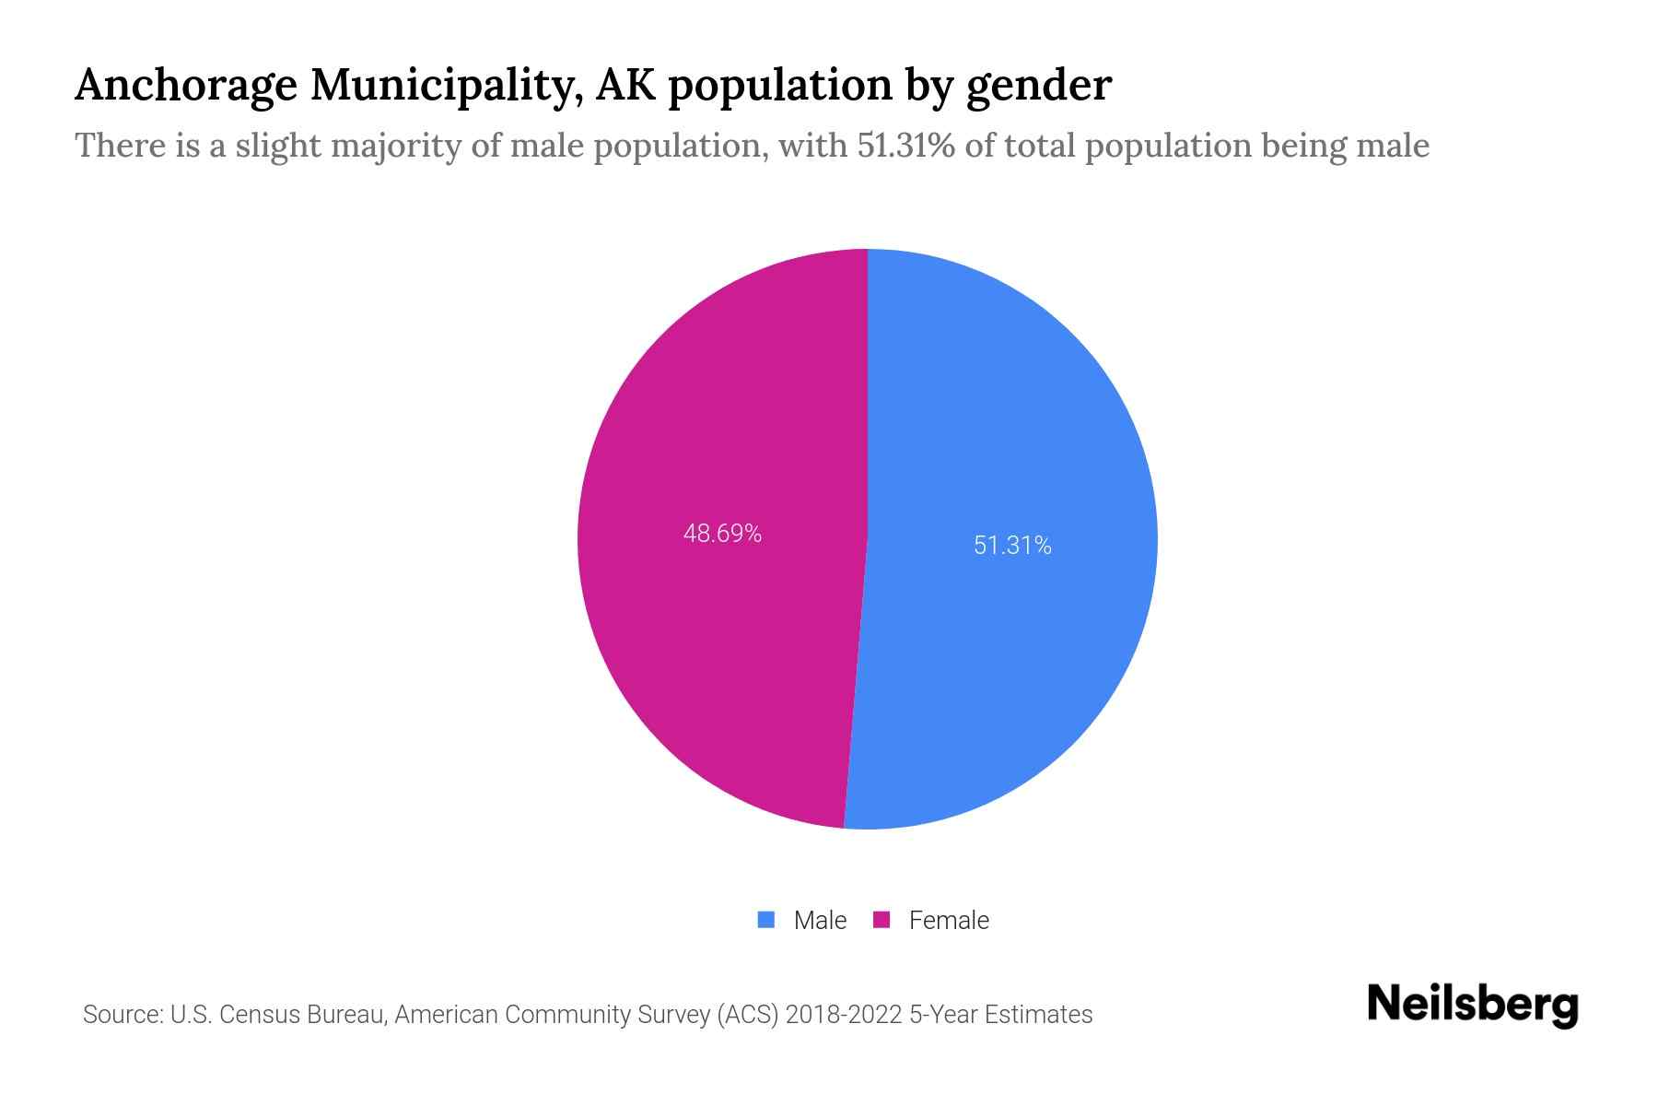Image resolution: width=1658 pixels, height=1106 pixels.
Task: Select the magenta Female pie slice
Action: click(x=718, y=645)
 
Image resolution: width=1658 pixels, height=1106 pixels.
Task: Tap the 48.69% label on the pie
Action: click(x=722, y=534)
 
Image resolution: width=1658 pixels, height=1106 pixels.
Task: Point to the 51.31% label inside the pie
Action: click(x=1012, y=546)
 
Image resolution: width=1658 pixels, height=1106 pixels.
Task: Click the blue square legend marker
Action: click(x=765, y=920)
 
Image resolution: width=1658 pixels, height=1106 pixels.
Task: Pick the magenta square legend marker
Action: click(x=882, y=920)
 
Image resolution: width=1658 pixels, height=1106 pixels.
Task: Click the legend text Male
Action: click(x=820, y=920)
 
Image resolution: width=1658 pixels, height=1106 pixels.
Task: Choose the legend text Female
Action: click(x=949, y=920)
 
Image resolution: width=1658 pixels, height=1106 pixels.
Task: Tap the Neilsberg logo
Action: click(x=1472, y=1005)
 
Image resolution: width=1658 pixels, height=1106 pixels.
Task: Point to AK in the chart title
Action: click(x=627, y=86)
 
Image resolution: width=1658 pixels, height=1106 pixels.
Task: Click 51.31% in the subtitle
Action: click(x=905, y=146)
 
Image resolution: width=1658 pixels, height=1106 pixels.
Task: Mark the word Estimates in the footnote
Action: click(x=1038, y=1015)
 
